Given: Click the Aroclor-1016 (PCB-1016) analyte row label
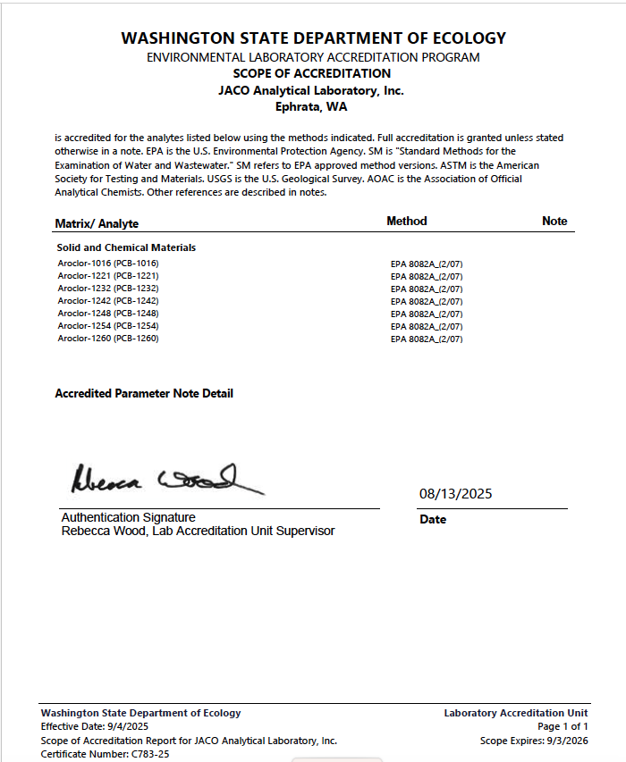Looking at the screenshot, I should (107, 264).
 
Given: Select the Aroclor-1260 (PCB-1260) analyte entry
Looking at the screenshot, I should (107, 339).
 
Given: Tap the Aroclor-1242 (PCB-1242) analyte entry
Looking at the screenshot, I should (107, 301).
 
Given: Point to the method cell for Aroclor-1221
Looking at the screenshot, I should (427, 277).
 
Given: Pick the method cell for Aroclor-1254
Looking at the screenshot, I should (427, 327).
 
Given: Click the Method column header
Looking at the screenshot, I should (407, 221).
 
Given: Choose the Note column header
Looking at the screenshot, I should (554, 222).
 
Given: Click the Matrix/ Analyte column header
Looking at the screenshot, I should (97, 223).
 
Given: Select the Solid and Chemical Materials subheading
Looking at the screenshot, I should (126, 247).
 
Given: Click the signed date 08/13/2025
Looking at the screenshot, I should (455, 494).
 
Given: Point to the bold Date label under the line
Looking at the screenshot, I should (433, 520).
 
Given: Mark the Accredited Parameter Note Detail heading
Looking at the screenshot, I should (144, 393).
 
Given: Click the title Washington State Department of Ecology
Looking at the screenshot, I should (313, 38).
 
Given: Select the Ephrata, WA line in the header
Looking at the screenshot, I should (311, 107).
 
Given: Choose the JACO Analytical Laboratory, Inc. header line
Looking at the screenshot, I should (311, 91).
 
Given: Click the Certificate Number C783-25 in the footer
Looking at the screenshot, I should (105, 754).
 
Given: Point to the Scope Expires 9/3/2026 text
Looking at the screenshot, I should (534, 741).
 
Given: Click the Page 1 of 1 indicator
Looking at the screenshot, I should (563, 726).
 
